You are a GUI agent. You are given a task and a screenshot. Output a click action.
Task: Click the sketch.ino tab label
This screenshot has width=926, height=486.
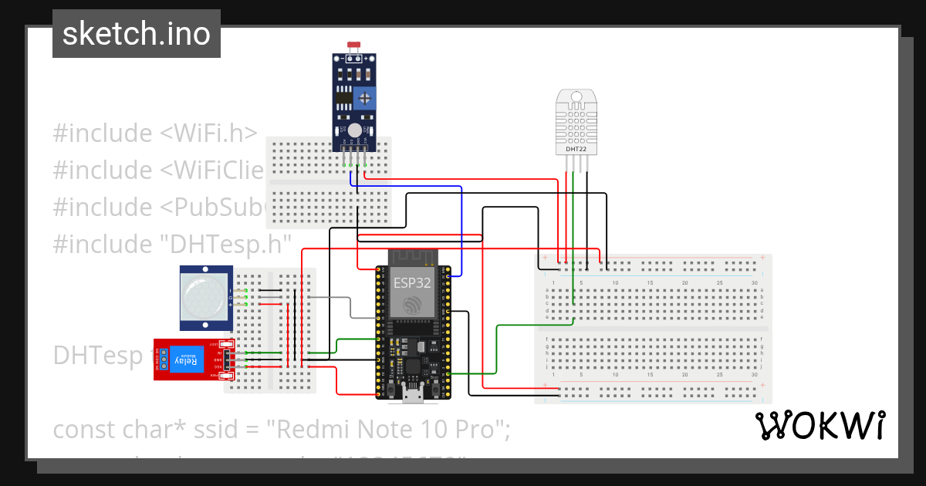pos(136,34)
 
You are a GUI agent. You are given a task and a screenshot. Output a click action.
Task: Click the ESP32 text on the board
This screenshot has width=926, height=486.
pos(413,282)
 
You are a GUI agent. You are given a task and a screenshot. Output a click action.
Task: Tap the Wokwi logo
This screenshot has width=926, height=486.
pos(820,426)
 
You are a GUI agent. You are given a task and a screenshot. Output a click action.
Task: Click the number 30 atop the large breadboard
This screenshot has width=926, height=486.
pos(754,283)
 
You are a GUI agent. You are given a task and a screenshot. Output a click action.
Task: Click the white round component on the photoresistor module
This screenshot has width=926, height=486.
pos(354,131)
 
